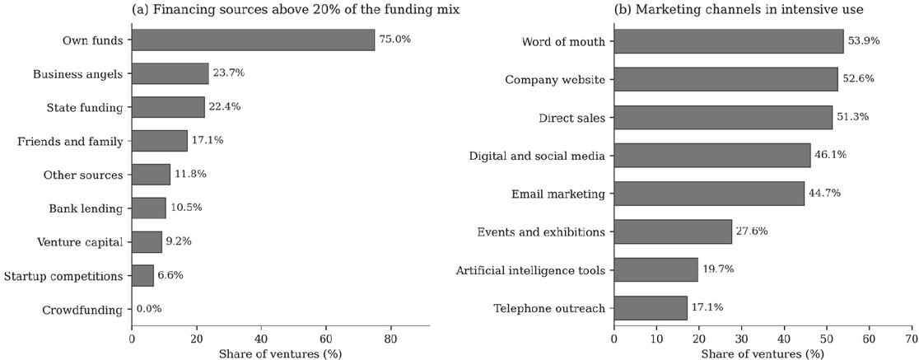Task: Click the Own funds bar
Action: point(253,40)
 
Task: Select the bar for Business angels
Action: point(170,74)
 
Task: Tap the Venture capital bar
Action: point(147,241)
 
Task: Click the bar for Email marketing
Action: point(709,194)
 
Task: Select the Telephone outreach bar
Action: point(651,308)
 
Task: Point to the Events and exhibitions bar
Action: point(673,231)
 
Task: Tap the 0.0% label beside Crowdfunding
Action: point(149,309)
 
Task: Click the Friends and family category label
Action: point(70,142)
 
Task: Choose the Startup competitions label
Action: point(63,276)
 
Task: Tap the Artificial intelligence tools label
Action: point(530,270)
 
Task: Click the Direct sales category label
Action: point(572,118)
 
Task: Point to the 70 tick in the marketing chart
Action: point(912,339)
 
